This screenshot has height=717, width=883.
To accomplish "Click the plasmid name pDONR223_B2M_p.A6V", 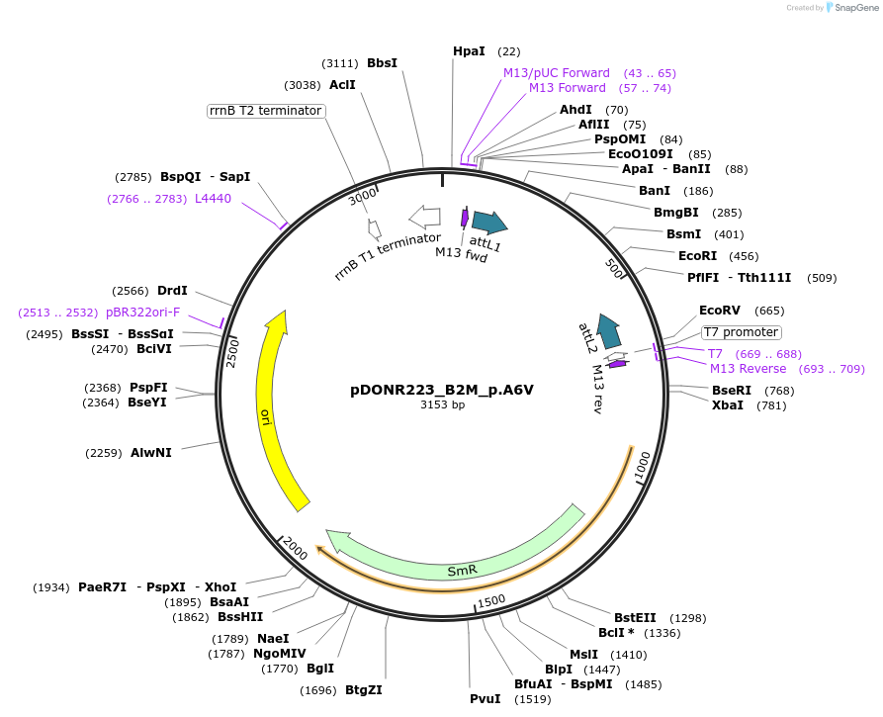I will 442,390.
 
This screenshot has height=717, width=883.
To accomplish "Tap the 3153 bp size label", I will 442,404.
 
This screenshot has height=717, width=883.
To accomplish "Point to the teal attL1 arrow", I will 487,223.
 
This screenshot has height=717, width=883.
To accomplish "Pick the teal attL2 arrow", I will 609,331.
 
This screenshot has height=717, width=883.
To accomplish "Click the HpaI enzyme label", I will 469,51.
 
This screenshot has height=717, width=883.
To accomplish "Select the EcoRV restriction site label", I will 720,311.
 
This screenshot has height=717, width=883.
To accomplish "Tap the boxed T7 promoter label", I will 742,332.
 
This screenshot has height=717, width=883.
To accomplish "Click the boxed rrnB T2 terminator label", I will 266,111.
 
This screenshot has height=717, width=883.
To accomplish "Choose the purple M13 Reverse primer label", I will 748,369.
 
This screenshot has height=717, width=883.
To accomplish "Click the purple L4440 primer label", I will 213,199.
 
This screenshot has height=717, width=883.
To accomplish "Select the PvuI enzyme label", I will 485,699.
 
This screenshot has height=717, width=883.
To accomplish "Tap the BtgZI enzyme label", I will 363,689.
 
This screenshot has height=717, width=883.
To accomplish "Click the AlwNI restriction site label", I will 150,453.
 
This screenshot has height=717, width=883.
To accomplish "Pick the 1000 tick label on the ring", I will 643,467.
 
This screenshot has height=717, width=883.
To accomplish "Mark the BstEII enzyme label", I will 635,618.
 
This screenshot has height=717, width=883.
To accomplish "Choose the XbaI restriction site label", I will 728,405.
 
